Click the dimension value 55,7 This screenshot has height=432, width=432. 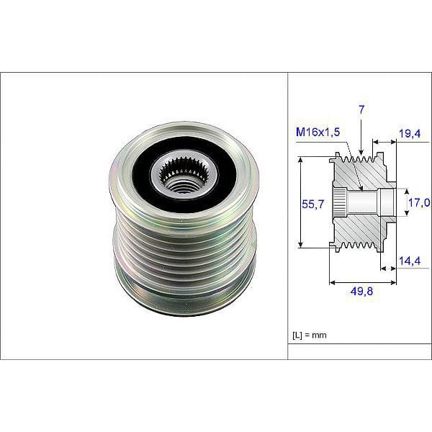[312, 205]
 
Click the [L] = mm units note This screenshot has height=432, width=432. [310, 336]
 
